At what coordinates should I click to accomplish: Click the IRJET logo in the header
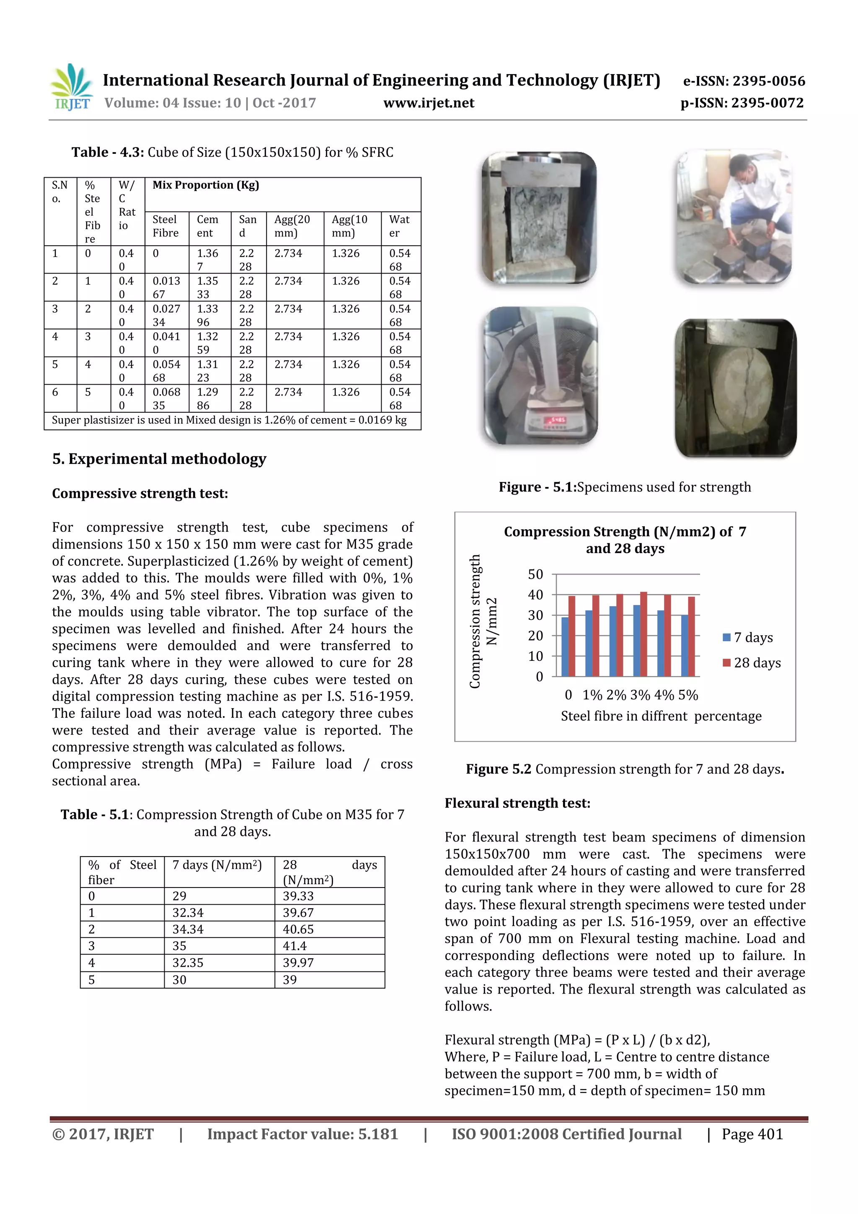71,87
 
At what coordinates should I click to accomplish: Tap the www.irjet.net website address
428,103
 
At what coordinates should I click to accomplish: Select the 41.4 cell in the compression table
295,946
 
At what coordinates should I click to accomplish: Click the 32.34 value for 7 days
188,913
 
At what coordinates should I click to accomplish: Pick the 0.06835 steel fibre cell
166,399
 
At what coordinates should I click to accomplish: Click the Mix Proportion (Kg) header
206,185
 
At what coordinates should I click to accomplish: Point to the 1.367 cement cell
207,260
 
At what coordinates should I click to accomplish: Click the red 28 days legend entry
751,663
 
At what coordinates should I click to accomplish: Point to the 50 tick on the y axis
535,574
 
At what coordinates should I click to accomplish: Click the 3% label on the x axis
640,695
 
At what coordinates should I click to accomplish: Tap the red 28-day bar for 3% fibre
643,634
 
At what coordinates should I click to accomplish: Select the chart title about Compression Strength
625,540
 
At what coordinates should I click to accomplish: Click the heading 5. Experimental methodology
159,458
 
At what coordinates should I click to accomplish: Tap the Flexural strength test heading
517,803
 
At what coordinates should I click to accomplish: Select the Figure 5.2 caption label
498,769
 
